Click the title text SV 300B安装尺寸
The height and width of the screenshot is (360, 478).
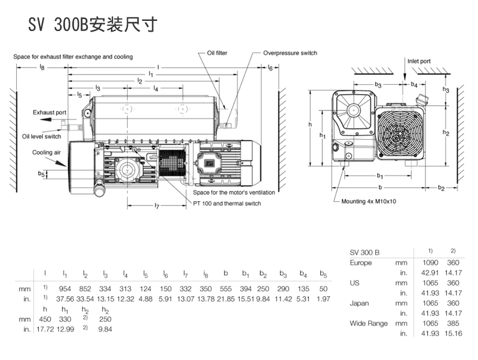click(x=92, y=24)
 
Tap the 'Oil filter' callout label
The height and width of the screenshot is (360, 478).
click(x=217, y=53)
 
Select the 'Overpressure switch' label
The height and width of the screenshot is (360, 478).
click(x=290, y=53)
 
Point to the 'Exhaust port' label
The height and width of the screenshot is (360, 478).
click(x=50, y=112)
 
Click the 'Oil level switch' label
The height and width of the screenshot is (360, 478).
click(x=42, y=137)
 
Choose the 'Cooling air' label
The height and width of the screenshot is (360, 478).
click(x=47, y=153)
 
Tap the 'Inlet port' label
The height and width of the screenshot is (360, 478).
click(x=418, y=61)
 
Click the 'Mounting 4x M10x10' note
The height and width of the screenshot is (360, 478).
click(x=369, y=201)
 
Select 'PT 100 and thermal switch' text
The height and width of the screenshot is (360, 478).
click(x=227, y=204)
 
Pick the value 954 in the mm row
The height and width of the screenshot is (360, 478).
click(x=65, y=289)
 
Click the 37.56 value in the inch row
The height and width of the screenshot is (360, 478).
click(x=65, y=299)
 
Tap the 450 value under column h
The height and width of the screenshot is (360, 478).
click(x=45, y=319)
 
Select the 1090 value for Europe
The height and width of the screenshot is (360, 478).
click(x=430, y=263)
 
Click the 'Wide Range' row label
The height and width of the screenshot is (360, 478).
click(x=369, y=324)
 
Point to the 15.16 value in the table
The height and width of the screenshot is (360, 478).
click(x=453, y=334)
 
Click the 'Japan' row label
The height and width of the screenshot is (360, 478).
click(x=359, y=303)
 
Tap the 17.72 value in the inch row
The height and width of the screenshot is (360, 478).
click(x=45, y=329)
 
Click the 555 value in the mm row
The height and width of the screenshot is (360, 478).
click(x=225, y=289)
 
